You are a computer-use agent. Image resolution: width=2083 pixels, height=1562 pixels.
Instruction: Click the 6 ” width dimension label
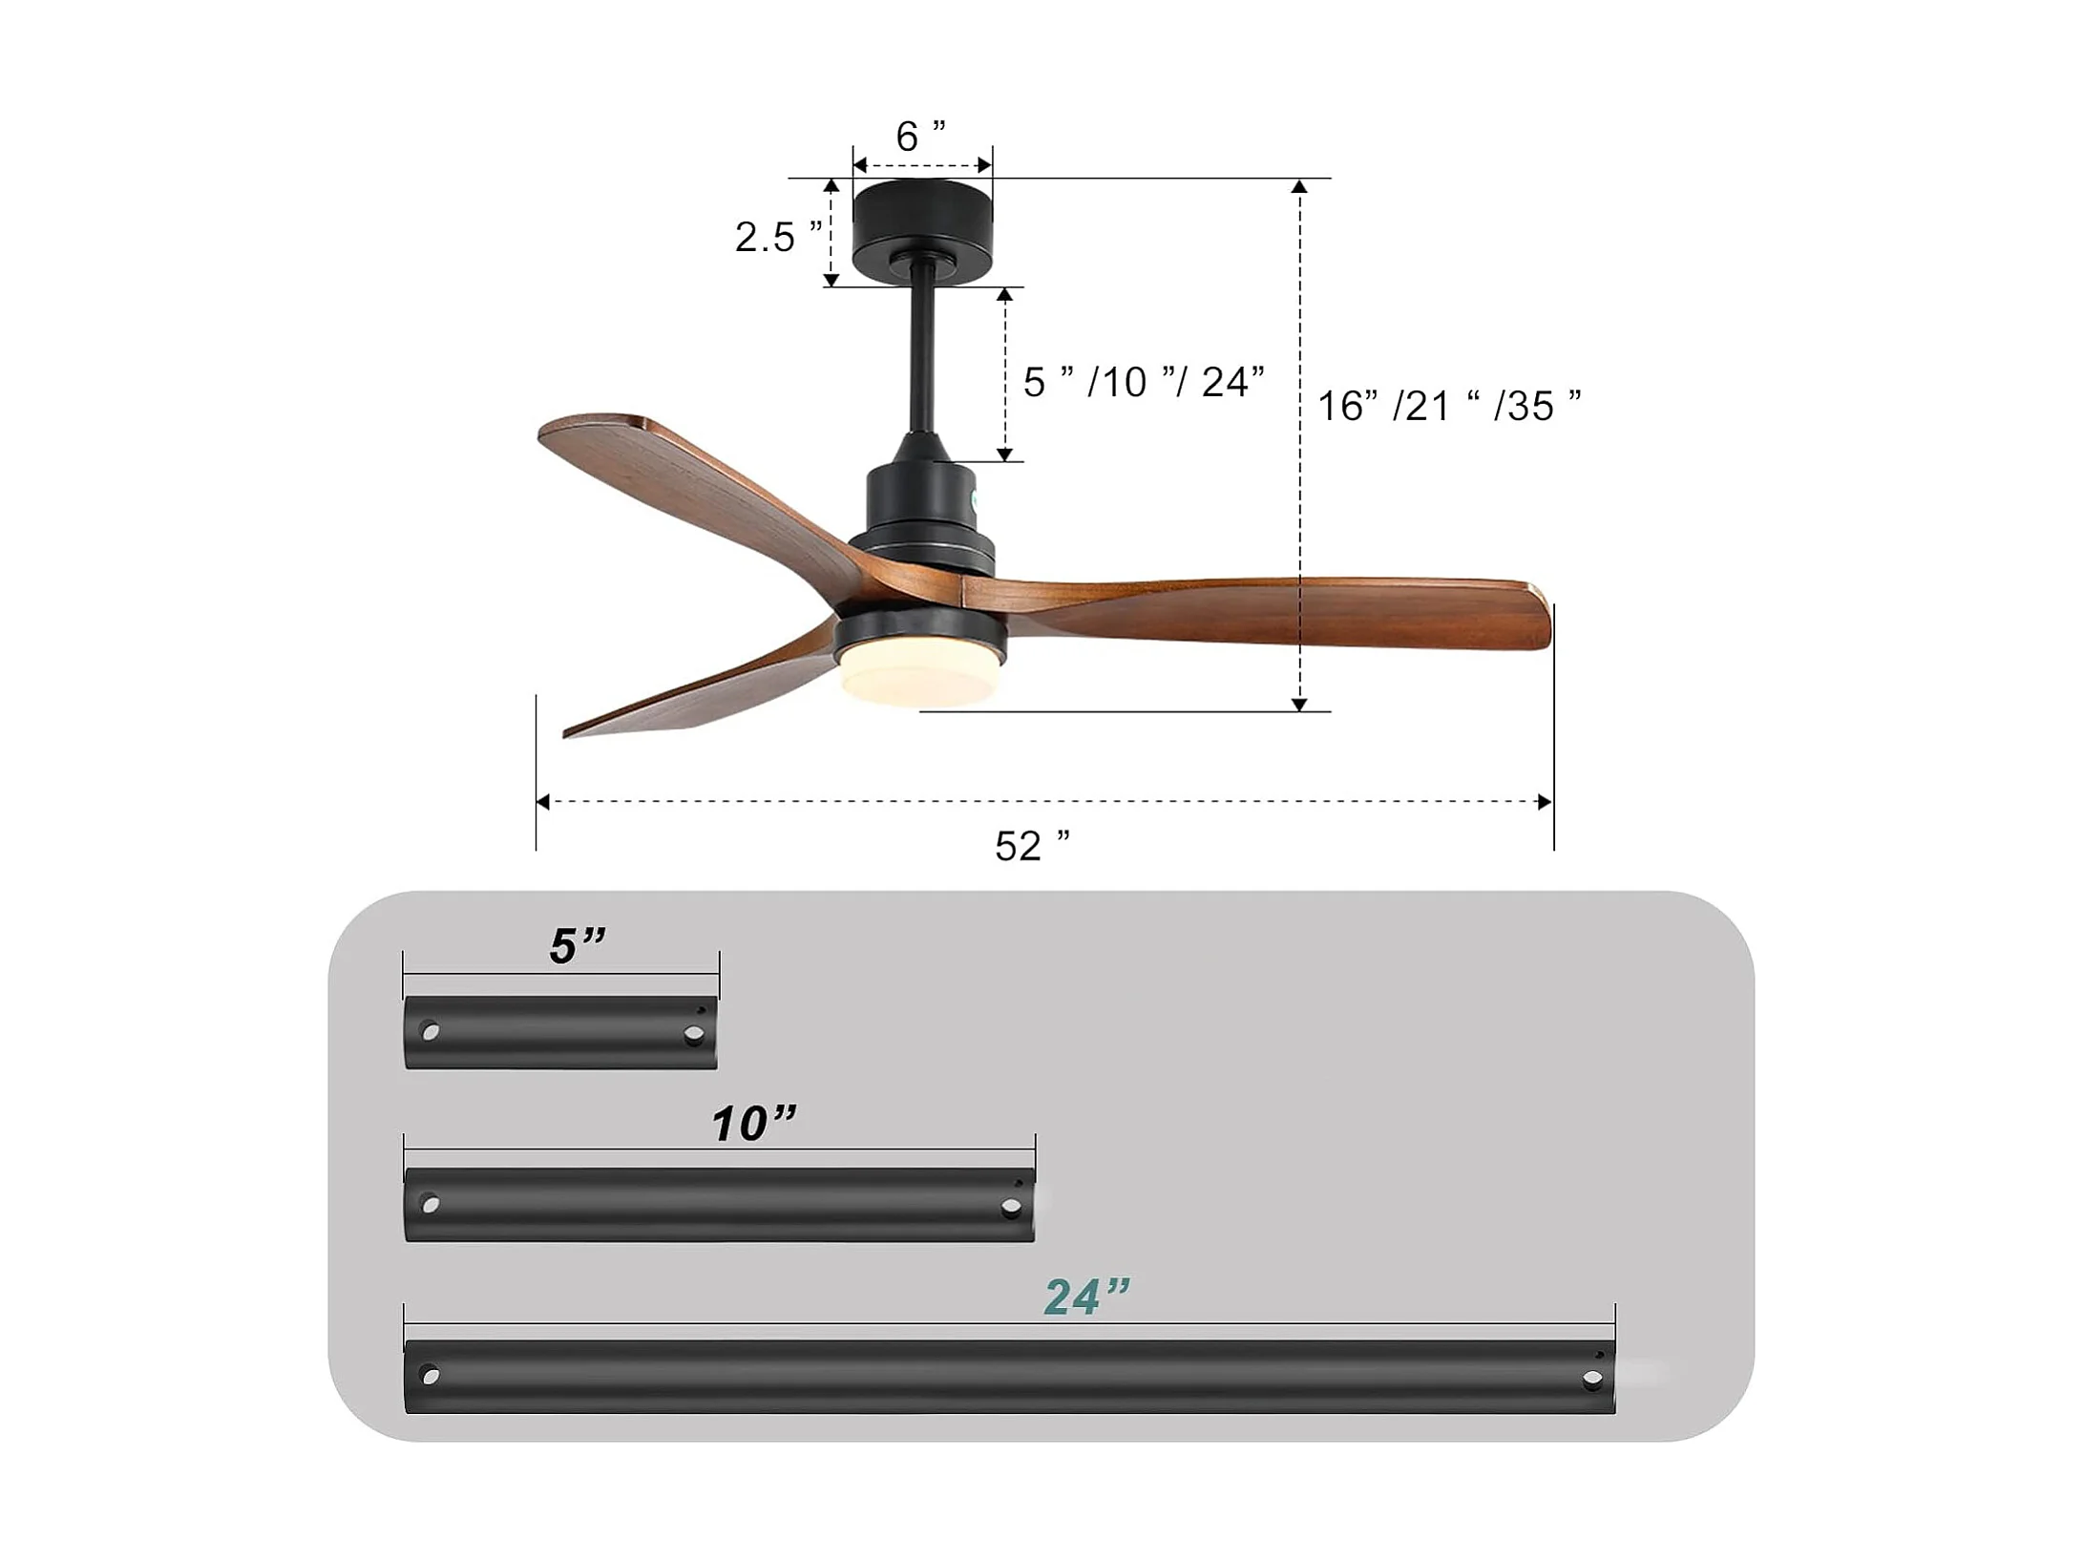(921, 137)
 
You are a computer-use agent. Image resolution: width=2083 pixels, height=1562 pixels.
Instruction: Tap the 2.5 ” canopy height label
(778, 237)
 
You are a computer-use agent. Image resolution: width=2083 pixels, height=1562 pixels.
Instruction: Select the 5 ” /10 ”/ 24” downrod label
(1144, 382)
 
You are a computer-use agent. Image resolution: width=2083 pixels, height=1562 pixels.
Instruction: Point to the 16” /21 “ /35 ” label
(1449, 406)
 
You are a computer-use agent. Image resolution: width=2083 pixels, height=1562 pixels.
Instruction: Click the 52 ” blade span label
(1032, 846)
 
